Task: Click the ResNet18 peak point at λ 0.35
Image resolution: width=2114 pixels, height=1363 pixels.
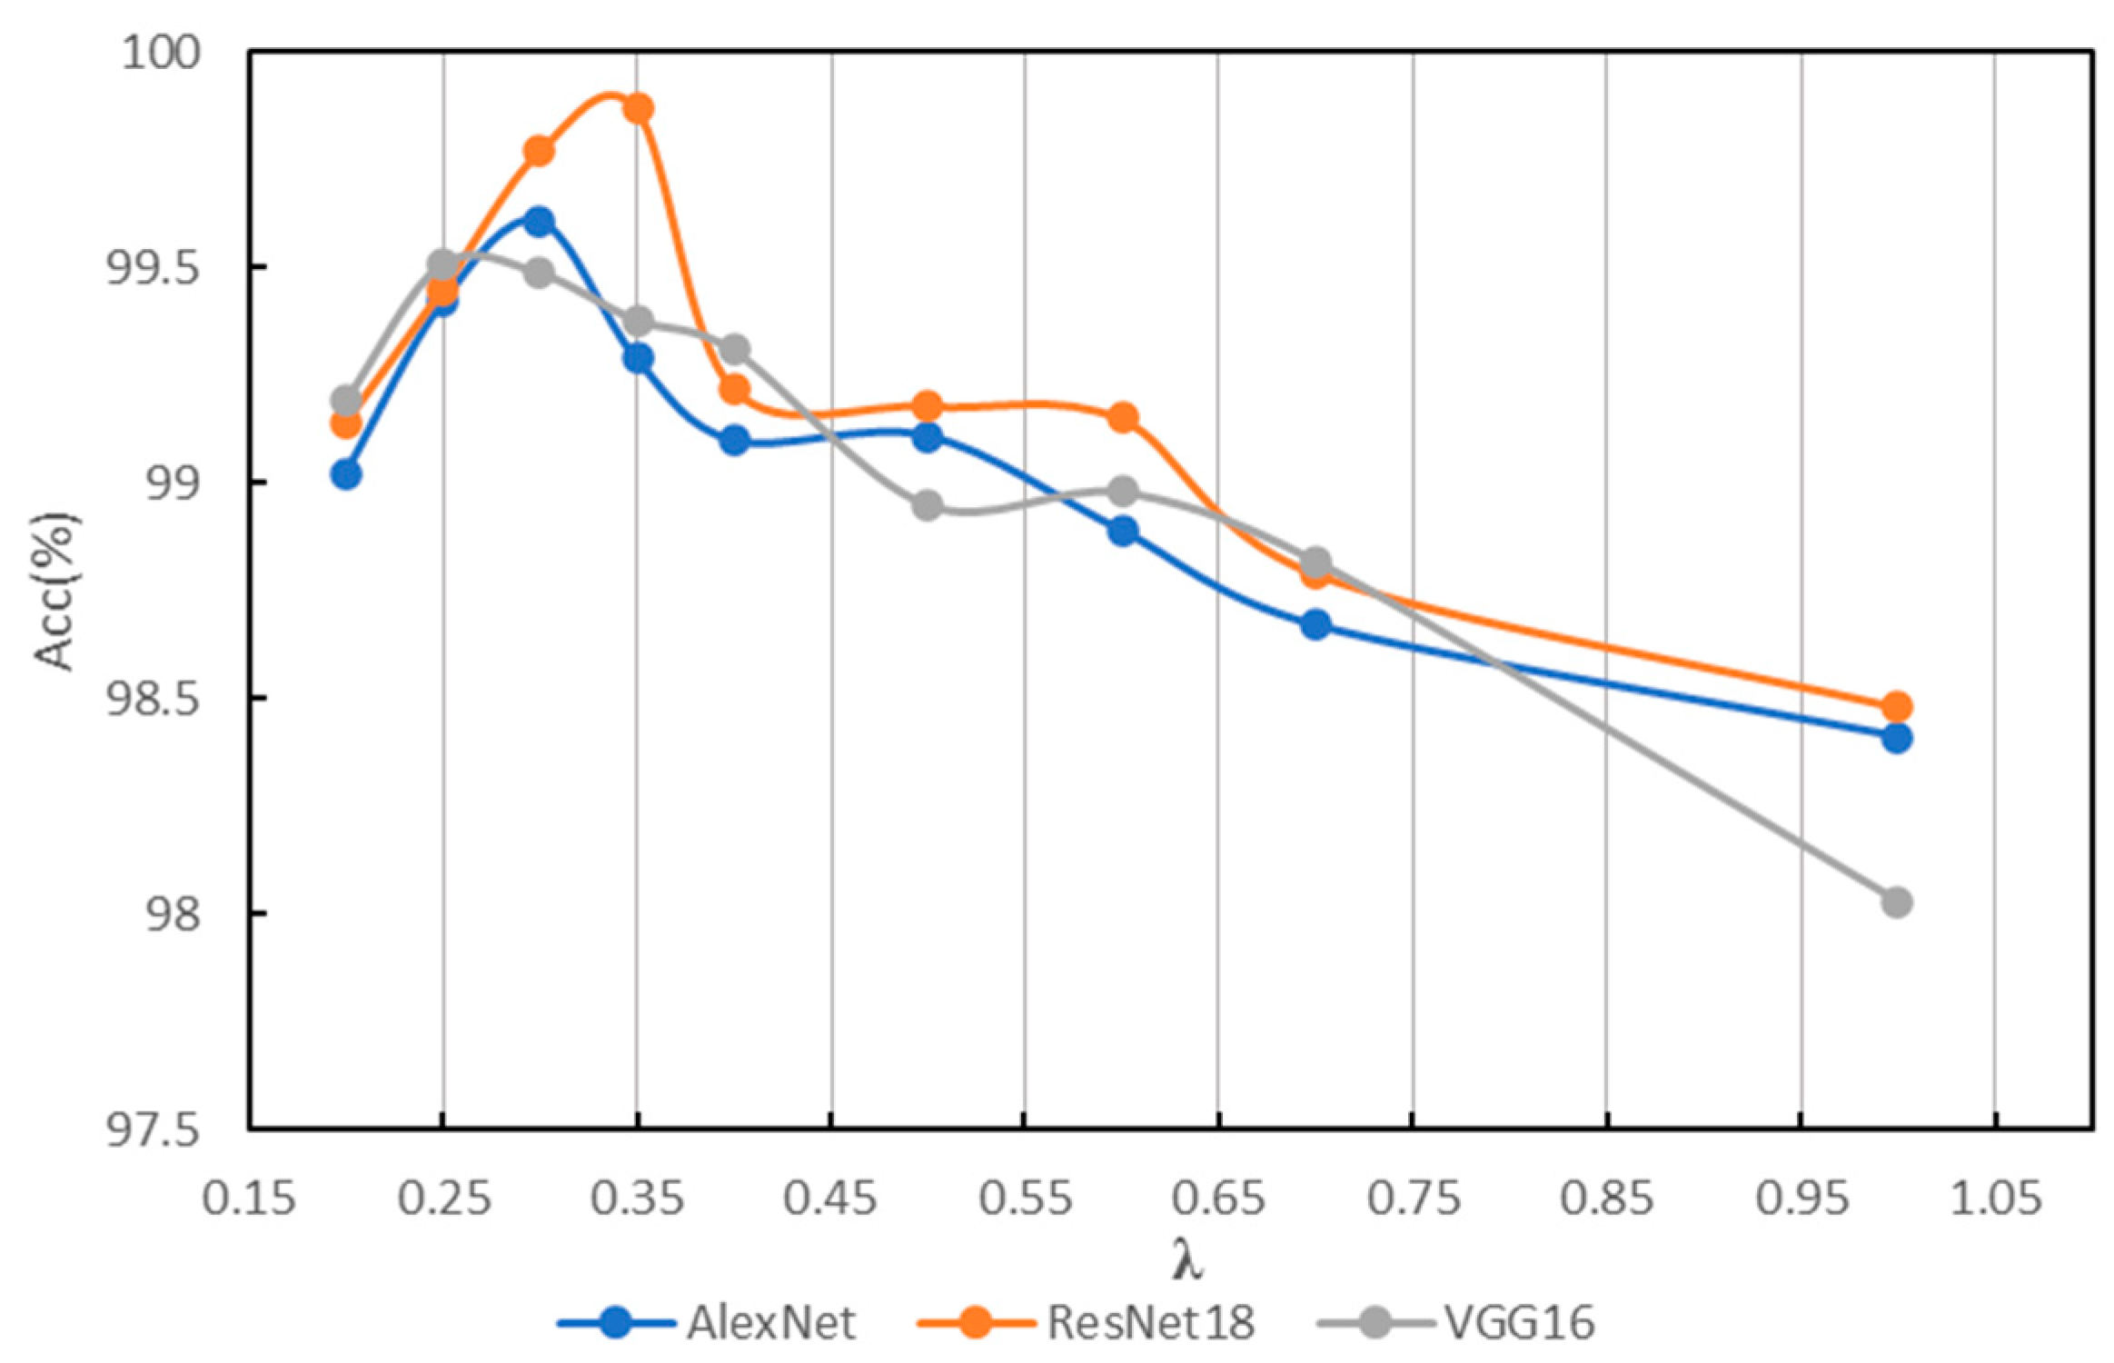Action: pos(638,109)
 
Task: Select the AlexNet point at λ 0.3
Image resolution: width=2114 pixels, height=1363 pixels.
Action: pos(539,222)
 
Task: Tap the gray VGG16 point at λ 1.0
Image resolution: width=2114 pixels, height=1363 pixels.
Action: pos(1896,902)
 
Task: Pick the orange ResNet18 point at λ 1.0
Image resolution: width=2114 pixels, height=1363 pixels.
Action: pos(1896,707)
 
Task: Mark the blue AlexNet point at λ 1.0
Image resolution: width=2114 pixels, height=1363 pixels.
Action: pos(1896,738)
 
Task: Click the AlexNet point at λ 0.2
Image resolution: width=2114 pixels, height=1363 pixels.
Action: pos(345,474)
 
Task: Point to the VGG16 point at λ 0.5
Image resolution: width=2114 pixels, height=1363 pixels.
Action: pos(927,505)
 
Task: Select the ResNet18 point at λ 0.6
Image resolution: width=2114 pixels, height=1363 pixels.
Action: pos(1122,418)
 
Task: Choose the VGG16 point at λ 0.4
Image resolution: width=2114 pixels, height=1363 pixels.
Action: pos(735,349)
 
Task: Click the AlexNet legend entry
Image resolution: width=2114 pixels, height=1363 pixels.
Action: pos(709,1322)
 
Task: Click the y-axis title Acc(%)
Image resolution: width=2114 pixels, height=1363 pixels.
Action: pos(56,591)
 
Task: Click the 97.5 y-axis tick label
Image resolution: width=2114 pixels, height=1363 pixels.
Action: pos(153,1131)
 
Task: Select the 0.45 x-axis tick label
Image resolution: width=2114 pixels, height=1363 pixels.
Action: pos(831,1199)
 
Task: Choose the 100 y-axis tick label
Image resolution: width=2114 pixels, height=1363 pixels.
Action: pos(162,53)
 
